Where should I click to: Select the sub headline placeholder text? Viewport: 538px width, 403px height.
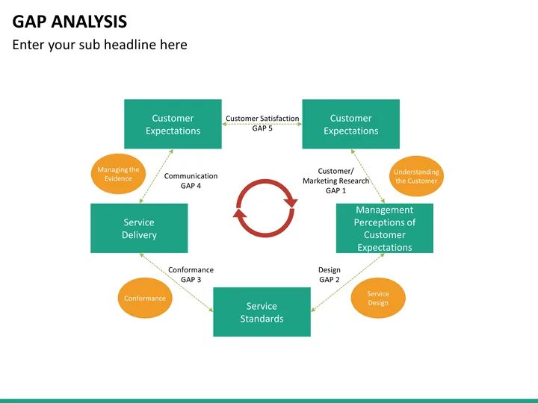coord(99,45)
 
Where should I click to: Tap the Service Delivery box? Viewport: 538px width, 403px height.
coord(139,228)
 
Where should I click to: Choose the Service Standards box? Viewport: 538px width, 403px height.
coord(262,312)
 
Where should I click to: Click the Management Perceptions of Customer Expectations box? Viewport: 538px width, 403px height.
coord(384,228)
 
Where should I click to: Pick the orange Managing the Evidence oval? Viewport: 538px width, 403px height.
coord(118,174)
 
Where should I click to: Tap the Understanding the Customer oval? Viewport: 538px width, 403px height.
coord(416,176)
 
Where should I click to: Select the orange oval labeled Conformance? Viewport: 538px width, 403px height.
coord(145,299)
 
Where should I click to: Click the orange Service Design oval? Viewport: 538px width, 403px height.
coord(378,298)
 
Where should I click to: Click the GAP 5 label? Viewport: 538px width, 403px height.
coord(262,128)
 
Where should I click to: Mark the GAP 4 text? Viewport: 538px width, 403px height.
coord(191,186)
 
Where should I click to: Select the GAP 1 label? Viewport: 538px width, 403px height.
coord(336,191)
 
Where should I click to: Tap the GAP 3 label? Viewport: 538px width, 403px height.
coord(191,280)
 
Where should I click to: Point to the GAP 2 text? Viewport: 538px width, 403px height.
coord(330,280)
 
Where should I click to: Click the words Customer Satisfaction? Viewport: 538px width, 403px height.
coord(262,118)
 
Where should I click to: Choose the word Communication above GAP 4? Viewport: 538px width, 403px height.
coord(191,176)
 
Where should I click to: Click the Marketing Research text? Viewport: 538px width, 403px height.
coord(336,181)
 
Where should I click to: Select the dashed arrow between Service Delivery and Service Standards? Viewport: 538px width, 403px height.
coord(176,283)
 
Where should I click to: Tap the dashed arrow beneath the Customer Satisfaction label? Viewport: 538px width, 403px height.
coord(262,135)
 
